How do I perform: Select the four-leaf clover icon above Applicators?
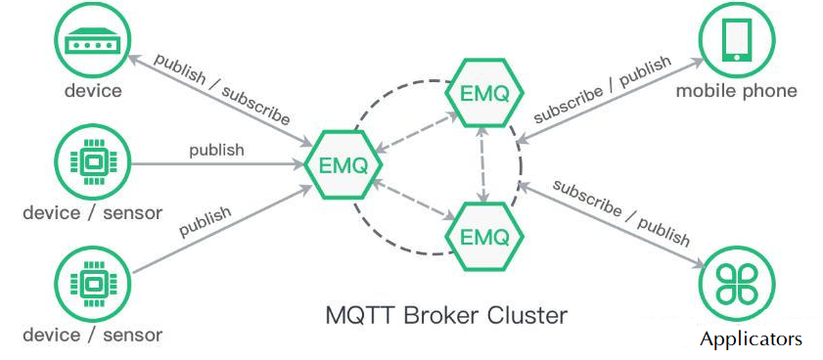coord(737,285)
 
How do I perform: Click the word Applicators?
coord(751,339)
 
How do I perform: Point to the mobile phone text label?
coord(737,91)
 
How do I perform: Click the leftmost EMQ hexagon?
coord(342,164)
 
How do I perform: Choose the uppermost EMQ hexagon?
coord(482,94)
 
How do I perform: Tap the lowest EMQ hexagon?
coord(482,236)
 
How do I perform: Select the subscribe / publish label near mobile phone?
coord(603,89)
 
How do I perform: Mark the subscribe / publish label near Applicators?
coord(620,211)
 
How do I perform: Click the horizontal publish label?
coord(216,150)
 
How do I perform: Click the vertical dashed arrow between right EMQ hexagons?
coord(482,165)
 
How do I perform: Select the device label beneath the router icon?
coord(93,91)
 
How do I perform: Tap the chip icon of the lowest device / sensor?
coord(93,285)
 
